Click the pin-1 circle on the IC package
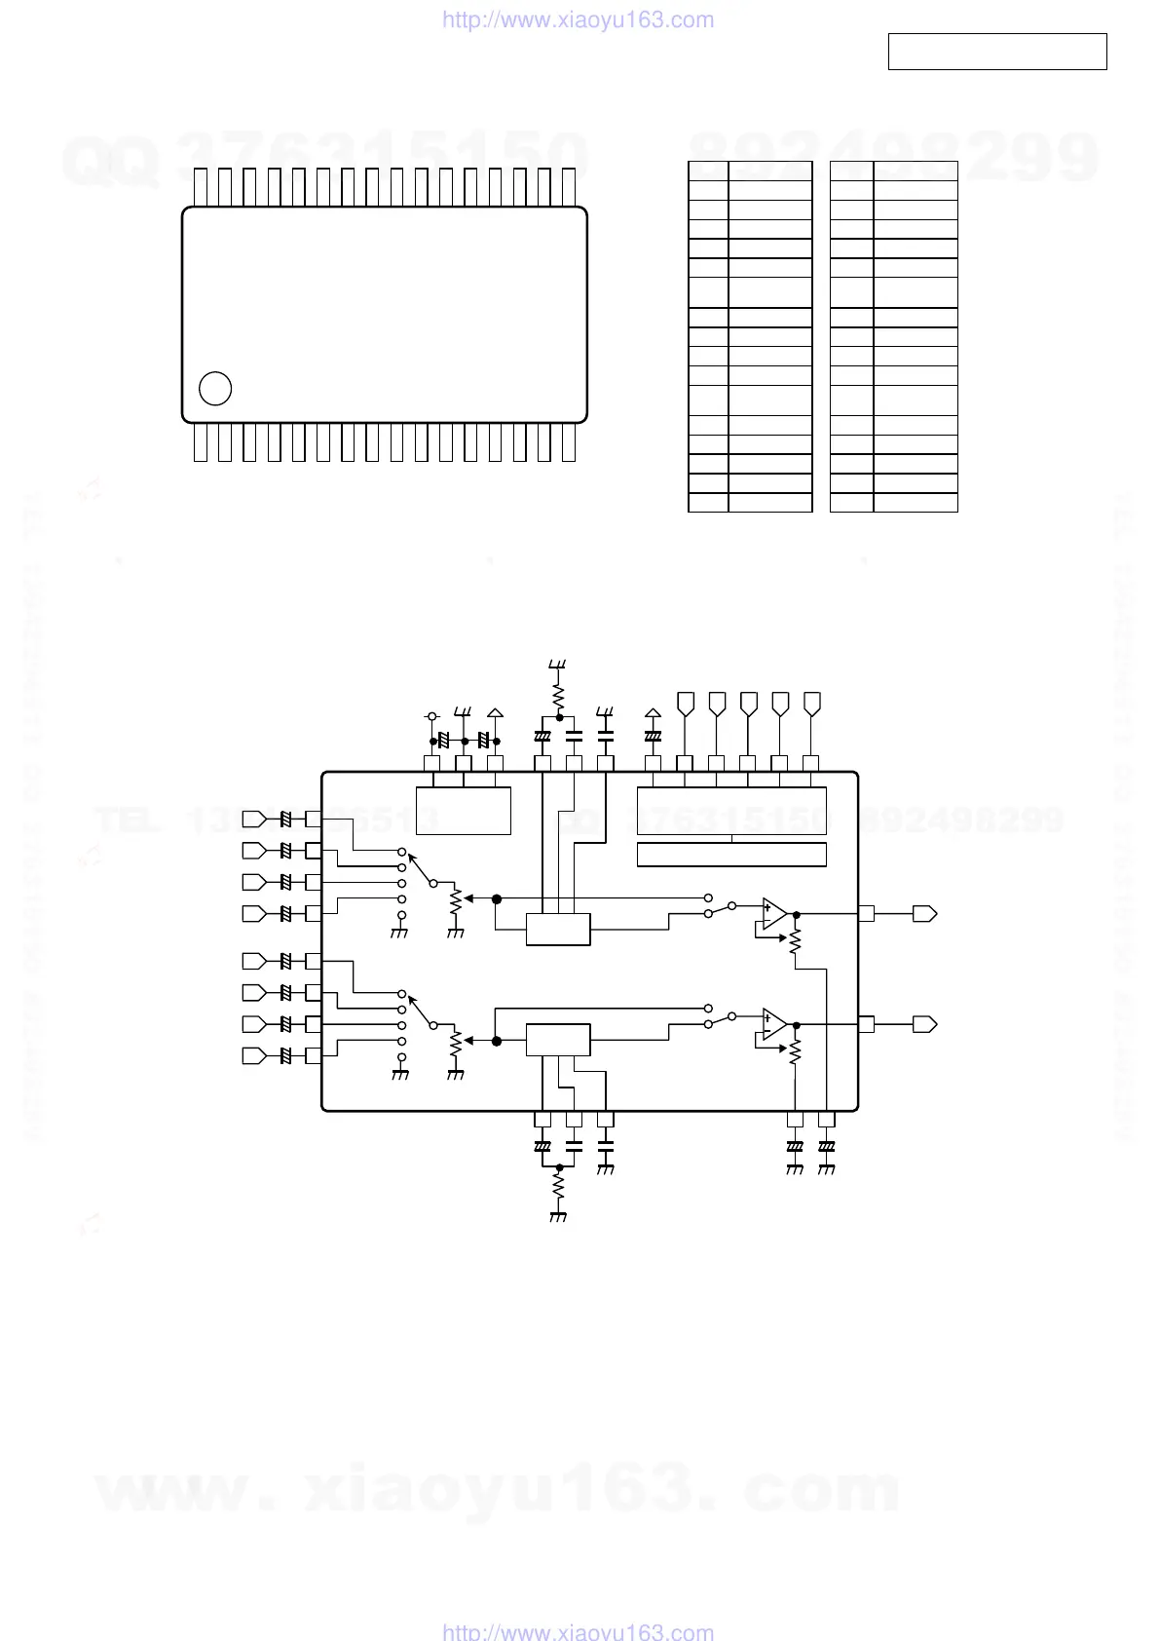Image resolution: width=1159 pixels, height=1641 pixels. [x=214, y=388]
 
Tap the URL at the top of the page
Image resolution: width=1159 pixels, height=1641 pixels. [x=578, y=19]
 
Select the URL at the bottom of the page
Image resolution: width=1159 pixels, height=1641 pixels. [x=578, y=1631]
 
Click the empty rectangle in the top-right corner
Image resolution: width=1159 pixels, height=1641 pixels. [x=997, y=52]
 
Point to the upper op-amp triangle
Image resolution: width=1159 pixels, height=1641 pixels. [x=774, y=914]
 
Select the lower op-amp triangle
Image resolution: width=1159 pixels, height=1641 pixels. [x=774, y=1024]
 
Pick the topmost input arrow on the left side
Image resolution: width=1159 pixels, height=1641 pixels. [x=253, y=819]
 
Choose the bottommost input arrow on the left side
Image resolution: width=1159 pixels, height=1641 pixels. [x=253, y=1055]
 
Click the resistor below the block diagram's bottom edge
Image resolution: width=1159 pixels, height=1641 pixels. [x=558, y=1186]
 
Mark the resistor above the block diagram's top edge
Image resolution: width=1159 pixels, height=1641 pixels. [x=558, y=696]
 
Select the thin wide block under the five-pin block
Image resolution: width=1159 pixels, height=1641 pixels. [x=731, y=855]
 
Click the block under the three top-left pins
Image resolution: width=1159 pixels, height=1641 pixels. [x=464, y=810]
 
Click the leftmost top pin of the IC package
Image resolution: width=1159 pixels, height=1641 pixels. [x=201, y=186]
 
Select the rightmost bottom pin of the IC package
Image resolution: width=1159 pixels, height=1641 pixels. [x=569, y=443]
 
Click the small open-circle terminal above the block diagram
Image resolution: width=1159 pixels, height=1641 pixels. [x=433, y=716]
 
